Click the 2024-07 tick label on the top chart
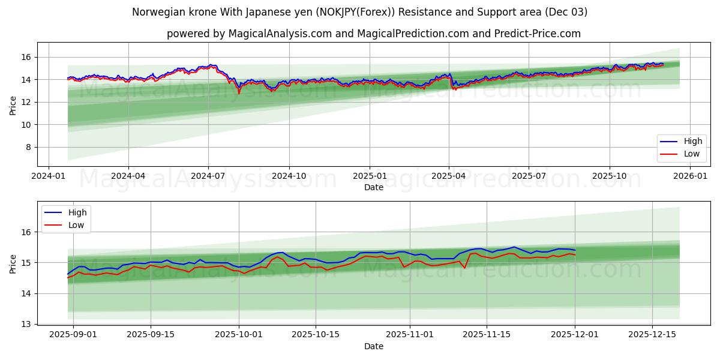tap(208, 176)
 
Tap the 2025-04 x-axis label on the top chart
tap(449, 176)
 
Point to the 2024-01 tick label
tap(48, 176)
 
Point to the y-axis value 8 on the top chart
tap(28, 147)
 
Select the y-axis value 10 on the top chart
tap(25, 125)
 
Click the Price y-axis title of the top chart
tap(13, 104)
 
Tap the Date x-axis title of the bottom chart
tap(374, 347)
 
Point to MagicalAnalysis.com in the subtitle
tap(280, 34)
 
